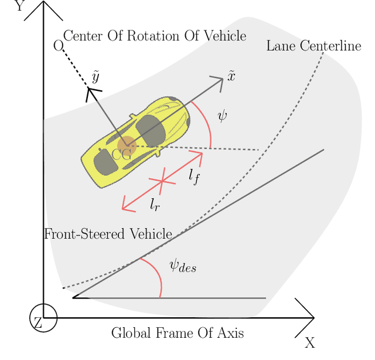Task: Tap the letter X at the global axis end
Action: click(x=310, y=342)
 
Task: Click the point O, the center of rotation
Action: click(x=57, y=46)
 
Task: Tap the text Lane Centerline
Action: click(x=313, y=46)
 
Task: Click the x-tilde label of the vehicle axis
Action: click(x=231, y=75)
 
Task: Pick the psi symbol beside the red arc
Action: click(x=222, y=115)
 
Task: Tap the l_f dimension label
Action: click(x=194, y=176)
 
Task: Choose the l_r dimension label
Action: click(x=155, y=205)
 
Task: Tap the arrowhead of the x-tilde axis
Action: click(x=220, y=80)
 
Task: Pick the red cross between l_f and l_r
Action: click(x=162, y=181)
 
